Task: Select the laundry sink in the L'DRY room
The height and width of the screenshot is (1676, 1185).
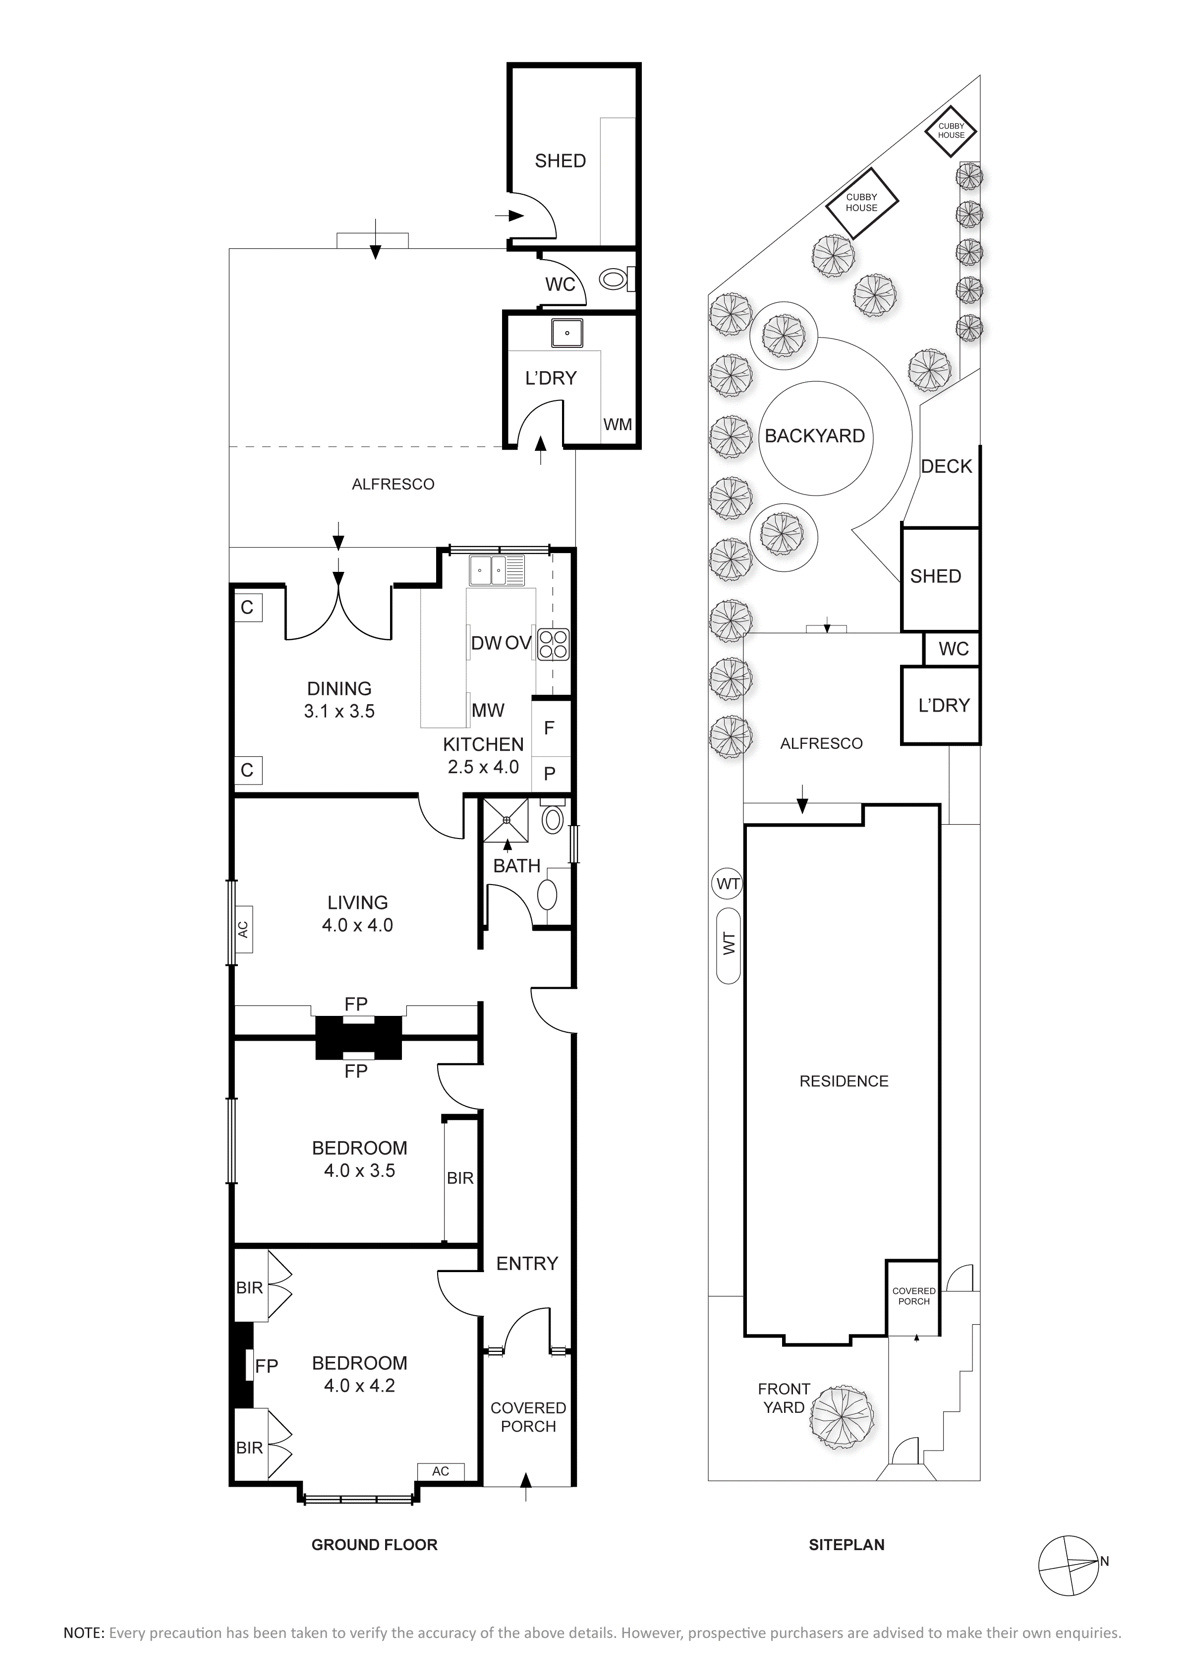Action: (x=566, y=333)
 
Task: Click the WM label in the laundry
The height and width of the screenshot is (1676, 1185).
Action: (x=618, y=425)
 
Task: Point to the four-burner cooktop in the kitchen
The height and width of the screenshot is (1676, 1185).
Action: (x=553, y=644)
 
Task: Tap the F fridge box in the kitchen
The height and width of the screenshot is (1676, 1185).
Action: (x=550, y=728)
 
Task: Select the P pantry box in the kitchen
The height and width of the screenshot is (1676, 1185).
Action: (x=550, y=774)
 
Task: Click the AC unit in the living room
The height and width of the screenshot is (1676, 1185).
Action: (x=243, y=929)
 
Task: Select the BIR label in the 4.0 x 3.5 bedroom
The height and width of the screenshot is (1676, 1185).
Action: (x=460, y=1178)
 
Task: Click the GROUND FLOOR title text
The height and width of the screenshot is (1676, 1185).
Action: (x=375, y=1545)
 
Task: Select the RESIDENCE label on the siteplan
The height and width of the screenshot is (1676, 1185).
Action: (x=844, y=1081)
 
